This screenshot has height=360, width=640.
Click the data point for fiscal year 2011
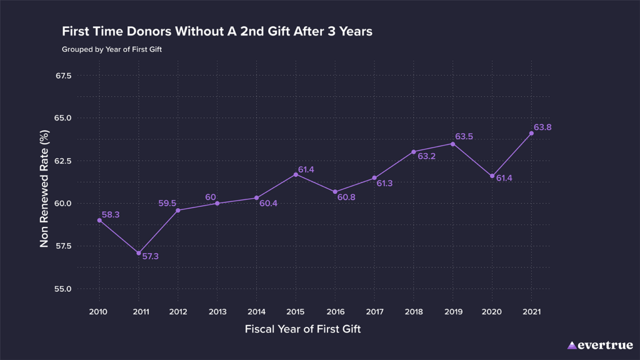pos(139,253)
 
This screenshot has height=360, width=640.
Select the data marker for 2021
pos(531,133)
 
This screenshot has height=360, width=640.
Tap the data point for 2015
pos(296,174)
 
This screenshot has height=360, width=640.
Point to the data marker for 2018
pos(414,152)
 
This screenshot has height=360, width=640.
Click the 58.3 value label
pos(111,215)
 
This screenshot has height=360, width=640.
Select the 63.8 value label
pos(542,127)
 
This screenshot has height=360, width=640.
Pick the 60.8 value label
pos(346,197)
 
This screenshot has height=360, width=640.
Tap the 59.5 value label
pos(167,203)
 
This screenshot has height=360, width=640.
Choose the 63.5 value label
pos(464,137)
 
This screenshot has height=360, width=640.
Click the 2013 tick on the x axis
pos(217,311)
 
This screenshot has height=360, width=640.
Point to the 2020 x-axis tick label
pos(492,311)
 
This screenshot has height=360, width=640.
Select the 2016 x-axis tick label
pos(335,311)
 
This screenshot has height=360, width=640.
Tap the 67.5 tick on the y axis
pos(64,76)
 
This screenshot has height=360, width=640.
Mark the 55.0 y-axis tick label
pos(64,289)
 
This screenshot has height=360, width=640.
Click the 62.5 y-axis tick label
pos(64,161)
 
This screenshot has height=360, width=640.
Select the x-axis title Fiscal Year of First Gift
pos(302,329)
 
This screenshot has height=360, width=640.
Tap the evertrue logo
pos(600,345)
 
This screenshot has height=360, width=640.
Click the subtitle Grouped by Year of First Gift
pos(112,49)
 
